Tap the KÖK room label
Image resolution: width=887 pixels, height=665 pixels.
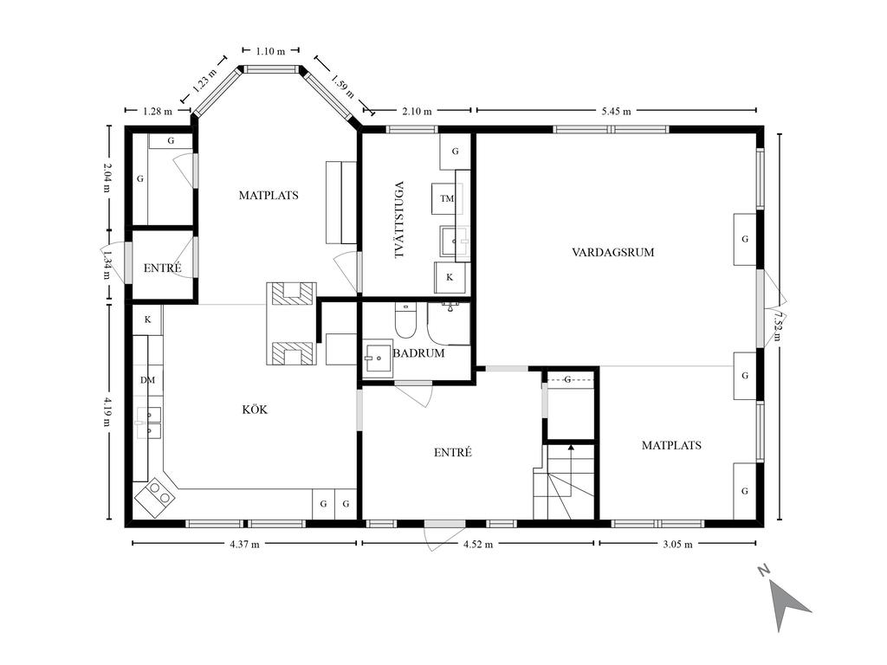point(255,410)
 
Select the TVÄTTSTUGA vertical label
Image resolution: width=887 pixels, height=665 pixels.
point(399,220)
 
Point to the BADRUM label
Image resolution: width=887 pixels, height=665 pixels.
point(418,353)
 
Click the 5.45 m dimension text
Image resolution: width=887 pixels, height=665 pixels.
point(616,112)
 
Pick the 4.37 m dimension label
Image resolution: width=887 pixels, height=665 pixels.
point(244,544)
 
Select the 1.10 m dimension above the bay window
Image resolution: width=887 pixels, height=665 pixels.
point(270,51)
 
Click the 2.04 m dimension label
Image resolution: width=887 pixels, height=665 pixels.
point(107,178)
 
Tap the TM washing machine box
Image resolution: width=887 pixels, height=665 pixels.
point(447,198)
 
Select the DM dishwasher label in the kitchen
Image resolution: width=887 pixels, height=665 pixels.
point(147,380)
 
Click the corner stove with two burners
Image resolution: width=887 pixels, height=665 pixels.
point(155,498)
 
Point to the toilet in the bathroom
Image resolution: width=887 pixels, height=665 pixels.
point(405,320)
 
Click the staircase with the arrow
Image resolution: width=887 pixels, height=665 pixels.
point(564,481)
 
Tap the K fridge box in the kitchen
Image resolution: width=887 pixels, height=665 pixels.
point(147,320)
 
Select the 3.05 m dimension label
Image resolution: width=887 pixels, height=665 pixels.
point(677,544)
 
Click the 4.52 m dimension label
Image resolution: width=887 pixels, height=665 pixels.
point(478,544)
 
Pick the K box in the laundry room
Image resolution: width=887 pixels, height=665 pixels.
point(450,277)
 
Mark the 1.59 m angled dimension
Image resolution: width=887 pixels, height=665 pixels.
point(342,86)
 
